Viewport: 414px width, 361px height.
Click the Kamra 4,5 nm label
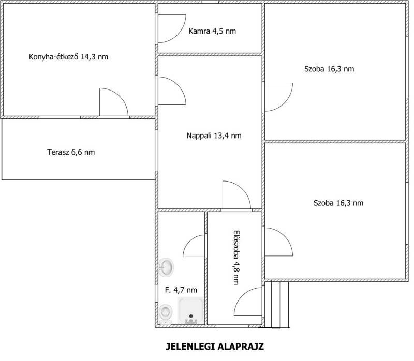click(x=212, y=31)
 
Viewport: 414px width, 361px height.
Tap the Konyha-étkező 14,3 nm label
click(x=68, y=57)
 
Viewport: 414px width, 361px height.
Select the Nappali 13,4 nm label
click(x=214, y=136)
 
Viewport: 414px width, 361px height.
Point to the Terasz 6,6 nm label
click(x=71, y=152)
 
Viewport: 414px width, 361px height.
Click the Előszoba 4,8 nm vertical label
click(x=236, y=258)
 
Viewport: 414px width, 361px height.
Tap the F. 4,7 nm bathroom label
click(x=181, y=290)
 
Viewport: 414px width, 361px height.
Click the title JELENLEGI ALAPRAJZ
click(x=215, y=346)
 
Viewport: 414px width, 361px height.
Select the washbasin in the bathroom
click(x=166, y=267)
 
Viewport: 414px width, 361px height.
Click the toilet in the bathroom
click(x=166, y=314)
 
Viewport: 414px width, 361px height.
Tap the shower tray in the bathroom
click(x=191, y=310)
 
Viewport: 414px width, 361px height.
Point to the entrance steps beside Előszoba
click(x=276, y=305)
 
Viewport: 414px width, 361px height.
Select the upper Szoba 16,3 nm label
click(x=329, y=69)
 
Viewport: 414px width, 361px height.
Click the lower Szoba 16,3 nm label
click(x=338, y=203)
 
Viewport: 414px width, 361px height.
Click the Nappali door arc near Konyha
click(x=178, y=84)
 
